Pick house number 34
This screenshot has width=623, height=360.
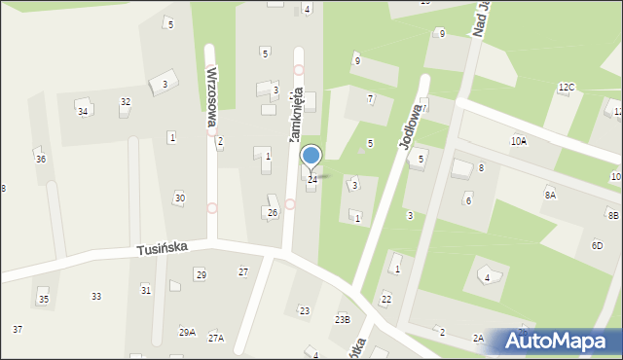point(84,111)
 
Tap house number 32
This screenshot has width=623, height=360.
point(126,102)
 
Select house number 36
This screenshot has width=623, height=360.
point(40,159)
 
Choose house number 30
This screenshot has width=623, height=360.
point(179,198)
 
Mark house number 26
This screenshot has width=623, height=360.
point(273,212)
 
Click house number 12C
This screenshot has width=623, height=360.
point(566,88)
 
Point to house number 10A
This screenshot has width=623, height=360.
point(519,141)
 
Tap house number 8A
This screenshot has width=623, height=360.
point(550,196)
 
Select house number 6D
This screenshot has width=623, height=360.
point(597,246)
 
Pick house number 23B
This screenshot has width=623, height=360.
point(342,319)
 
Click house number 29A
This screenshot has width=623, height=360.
point(187,333)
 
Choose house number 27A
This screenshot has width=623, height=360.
point(216,338)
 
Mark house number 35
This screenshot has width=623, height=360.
point(43,299)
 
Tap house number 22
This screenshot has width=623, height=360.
point(386,299)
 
